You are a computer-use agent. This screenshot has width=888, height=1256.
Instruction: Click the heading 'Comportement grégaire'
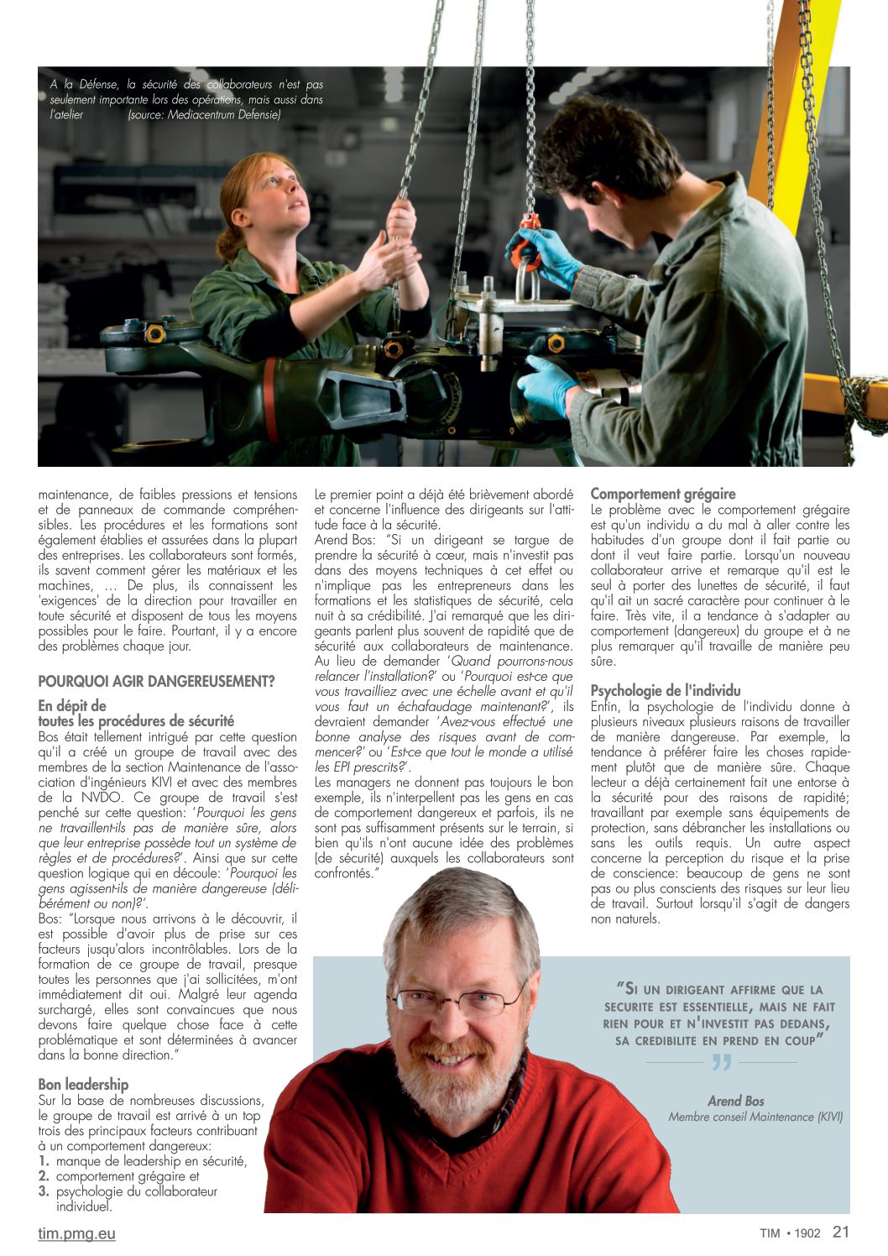(662, 495)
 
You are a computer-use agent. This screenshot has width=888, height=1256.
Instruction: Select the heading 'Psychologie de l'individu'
(665, 691)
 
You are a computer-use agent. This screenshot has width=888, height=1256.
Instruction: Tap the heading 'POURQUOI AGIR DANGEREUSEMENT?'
(156, 682)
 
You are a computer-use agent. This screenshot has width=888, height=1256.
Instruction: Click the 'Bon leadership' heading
(83, 1085)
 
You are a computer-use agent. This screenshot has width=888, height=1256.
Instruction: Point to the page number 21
(841, 1232)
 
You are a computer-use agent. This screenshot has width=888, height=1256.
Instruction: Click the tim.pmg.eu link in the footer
(76, 1234)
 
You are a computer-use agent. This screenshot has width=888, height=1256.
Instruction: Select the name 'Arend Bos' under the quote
(736, 1101)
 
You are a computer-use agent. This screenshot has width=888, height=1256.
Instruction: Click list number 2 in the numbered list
(43, 1176)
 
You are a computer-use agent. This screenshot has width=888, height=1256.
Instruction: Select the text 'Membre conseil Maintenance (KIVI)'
(755, 1117)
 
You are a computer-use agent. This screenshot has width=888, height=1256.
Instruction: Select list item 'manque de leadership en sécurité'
(151, 1161)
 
